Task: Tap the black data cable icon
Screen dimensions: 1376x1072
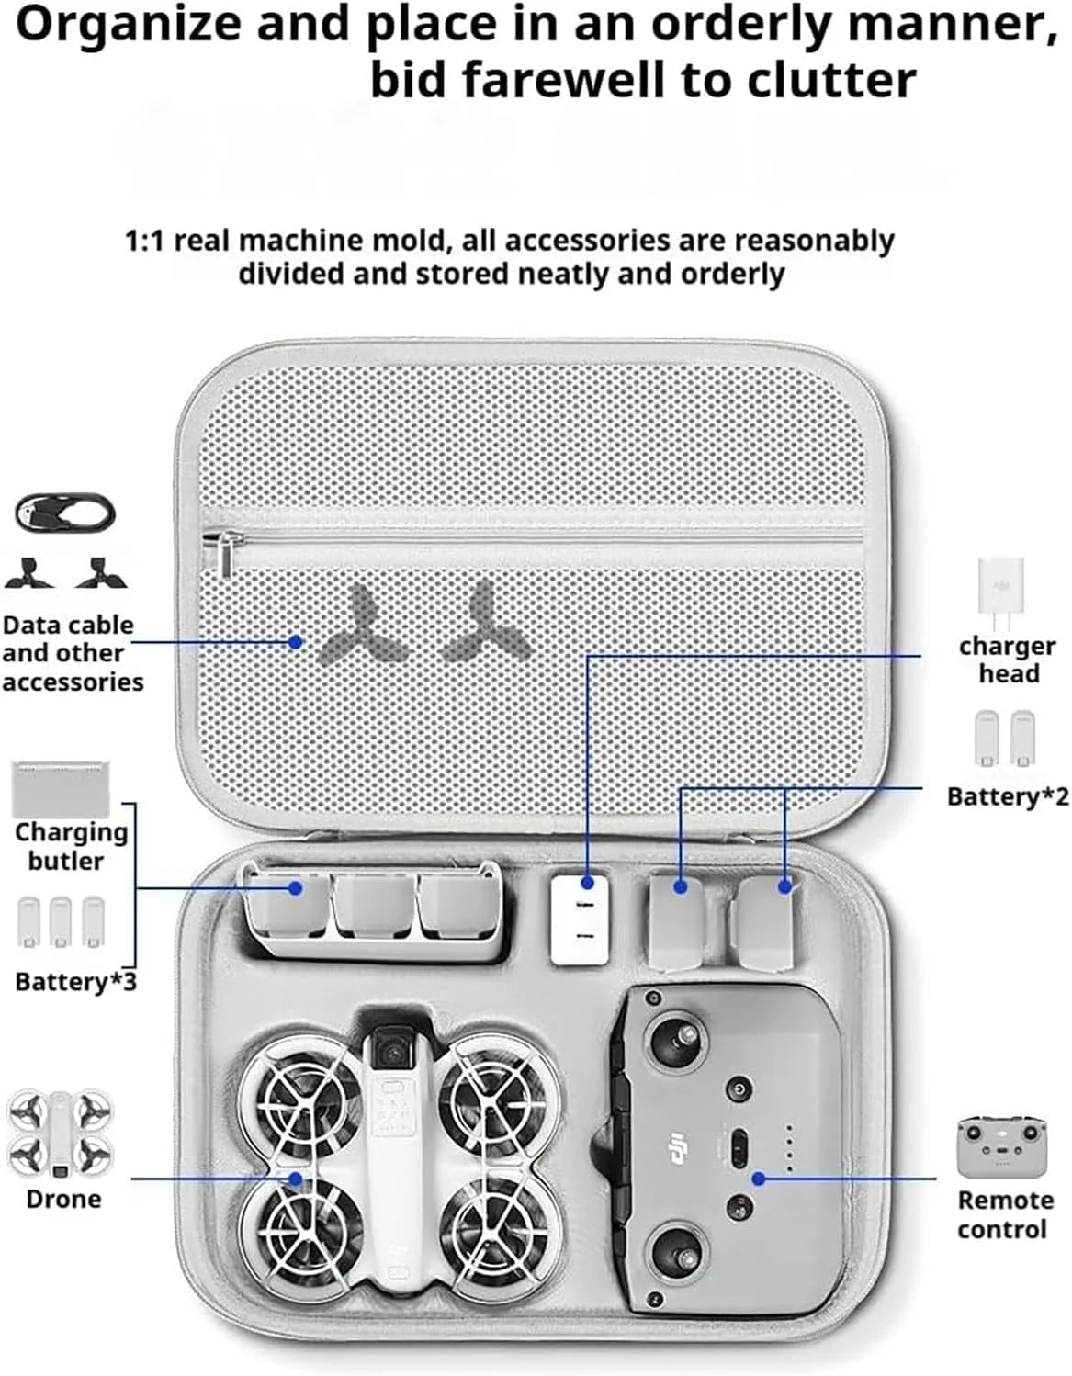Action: tap(64, 513)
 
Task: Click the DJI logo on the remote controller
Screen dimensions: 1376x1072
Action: tap(677, 1148)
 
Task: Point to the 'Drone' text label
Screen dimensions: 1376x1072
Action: tap(63, 1199)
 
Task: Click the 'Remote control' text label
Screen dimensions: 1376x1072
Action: tap(1004, 1214)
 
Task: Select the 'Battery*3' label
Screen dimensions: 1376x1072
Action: tap(75, 982)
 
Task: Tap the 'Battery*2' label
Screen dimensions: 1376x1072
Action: tap(1008, 796)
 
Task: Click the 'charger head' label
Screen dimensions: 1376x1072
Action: tap(1007, 660)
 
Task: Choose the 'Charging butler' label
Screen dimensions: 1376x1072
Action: tap(70, 846)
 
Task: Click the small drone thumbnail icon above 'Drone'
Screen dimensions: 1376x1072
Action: tap(61, 1134)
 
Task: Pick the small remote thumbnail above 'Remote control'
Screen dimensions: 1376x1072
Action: tap(1001, 1147)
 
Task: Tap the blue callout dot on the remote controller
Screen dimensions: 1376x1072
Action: tap(759, 1179)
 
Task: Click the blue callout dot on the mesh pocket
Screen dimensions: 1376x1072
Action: tap(295, 642)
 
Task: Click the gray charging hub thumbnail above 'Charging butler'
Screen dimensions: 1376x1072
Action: tap(61, 788)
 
